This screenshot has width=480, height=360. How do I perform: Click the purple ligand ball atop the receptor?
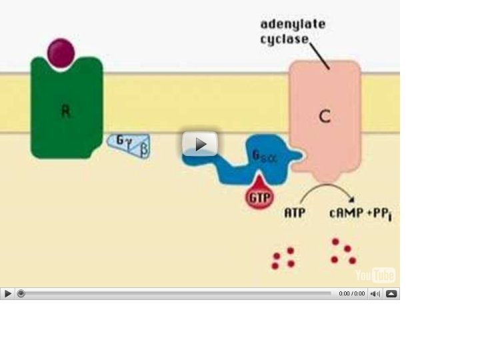point(61,53)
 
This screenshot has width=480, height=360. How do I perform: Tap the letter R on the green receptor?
point(66,112)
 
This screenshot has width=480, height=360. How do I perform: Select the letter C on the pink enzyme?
point(325,117)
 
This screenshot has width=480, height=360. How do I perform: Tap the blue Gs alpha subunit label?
point(261,157)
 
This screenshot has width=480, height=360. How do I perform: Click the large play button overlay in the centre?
point(200,144)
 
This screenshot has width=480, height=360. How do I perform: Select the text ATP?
point(295,215)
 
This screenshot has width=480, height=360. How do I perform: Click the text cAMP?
point(345,215)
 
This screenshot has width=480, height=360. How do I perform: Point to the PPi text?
point(379,215)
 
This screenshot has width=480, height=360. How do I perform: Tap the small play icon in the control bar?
point(7,293)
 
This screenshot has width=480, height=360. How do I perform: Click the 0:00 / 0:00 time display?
point(351,293)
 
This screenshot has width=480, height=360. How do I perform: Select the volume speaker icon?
point(375,293)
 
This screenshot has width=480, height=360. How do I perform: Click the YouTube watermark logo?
point(375,275)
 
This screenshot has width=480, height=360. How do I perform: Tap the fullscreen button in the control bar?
point(391,293)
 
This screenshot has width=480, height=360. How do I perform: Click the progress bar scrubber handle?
point(21,293)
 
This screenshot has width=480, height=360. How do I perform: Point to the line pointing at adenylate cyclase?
point(319,55)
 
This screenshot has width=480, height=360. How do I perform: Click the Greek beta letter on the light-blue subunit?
point(142,150)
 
